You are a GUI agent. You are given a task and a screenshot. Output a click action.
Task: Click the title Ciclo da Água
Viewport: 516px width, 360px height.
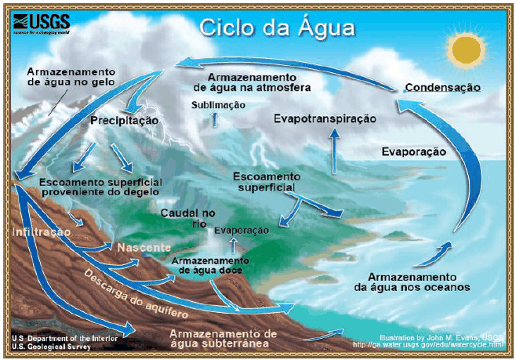(x=278, y=28)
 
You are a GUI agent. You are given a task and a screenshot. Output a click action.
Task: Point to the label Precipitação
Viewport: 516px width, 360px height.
(x=125, y=121)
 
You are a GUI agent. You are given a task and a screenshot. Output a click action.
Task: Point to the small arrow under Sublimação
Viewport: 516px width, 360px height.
(x=213, y=118)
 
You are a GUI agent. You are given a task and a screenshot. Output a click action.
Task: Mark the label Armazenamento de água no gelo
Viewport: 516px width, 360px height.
(x=71, y=75)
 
